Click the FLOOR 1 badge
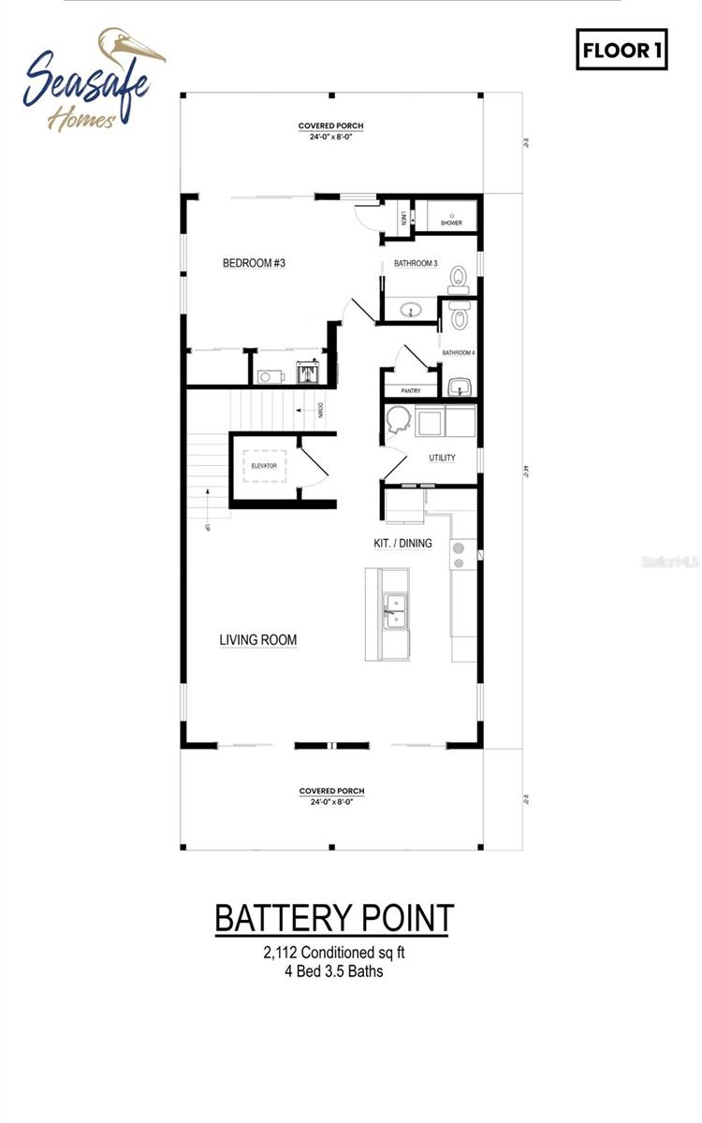(622, 50)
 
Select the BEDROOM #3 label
(253, 264)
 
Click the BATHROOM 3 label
(416, 264)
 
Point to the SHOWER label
(451, 223)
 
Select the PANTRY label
(410, 391)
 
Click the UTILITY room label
(442, 459)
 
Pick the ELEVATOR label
(264, 465)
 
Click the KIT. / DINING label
(402, 543)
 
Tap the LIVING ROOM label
(258, 640)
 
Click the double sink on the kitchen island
(394, 610)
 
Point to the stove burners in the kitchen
(460, 555)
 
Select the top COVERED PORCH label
(331, 125)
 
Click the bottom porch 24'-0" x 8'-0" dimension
(331, 802)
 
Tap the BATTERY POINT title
(334, 918)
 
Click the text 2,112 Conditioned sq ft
(334, 954)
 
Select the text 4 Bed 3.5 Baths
(334, 971)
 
